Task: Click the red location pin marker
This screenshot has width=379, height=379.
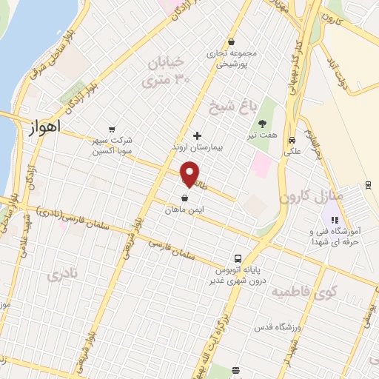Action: (x=189, y=175)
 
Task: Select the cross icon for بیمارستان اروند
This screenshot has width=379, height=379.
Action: (x=197, y=135)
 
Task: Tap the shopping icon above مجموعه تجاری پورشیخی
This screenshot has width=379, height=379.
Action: (x=232, y=42)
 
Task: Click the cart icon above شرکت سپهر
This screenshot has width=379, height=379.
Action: (x=112, y=130)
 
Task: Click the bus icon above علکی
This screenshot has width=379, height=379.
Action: (x=292, y=139)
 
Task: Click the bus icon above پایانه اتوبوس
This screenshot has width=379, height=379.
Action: (x=238, y=258)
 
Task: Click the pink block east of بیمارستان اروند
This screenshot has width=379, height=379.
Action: (x=261, y=164)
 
